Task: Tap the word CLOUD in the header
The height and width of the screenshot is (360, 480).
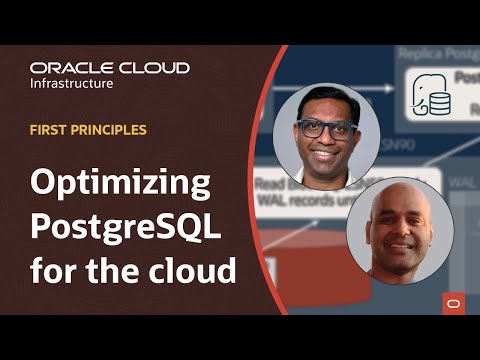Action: (156, 69)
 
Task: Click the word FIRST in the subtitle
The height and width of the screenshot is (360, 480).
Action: (51, 130)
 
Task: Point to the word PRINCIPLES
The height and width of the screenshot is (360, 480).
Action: (109, 130)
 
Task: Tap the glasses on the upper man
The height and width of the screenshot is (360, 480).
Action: (325, 128)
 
